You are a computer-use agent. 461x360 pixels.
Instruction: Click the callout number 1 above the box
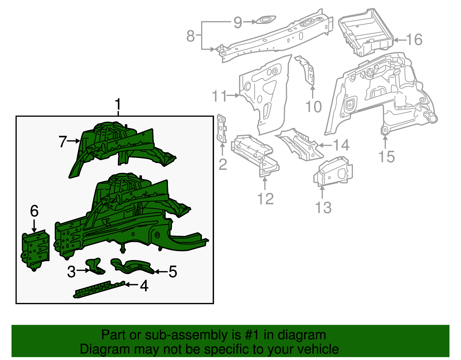click(118, 105)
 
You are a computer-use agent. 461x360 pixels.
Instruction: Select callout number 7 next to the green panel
click(63, 142)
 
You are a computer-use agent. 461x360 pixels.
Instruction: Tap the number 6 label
click(34, 211)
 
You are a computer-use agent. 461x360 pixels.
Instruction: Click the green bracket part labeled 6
click(36, 250)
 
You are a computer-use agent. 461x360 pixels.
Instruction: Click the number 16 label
click(414, 39)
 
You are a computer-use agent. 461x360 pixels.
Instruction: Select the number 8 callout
click(190, 36)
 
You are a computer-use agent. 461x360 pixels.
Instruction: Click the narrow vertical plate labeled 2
click(222, 128)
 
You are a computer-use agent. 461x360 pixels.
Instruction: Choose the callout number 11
click(219, 96)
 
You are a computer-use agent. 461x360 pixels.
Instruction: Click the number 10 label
click(313, 107)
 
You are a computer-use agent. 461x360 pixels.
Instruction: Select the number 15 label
click(386, 157)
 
